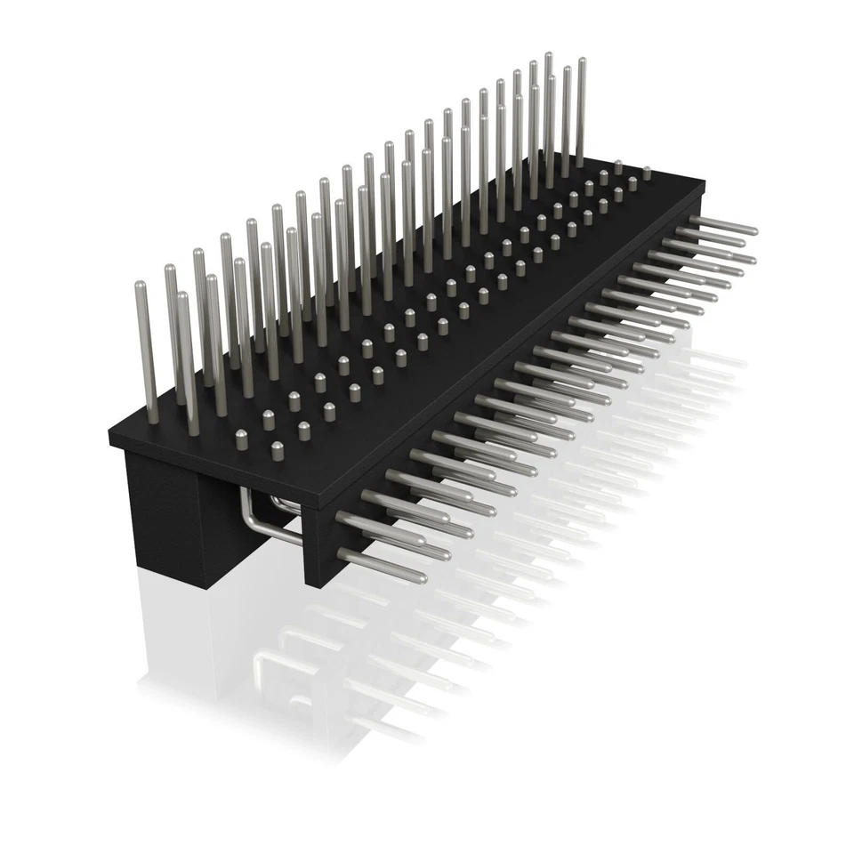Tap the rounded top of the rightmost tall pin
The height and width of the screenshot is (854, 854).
(582, 62)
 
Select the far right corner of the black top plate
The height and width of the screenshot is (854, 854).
(703, 183)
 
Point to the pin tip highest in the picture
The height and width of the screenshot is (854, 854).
(549, 57)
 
